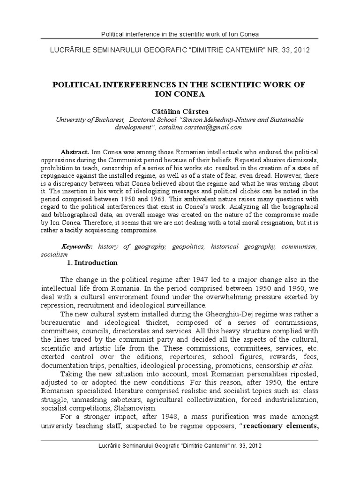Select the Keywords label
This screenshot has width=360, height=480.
[x=77, y=246]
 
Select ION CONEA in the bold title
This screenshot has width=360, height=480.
[x=180, y=93]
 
